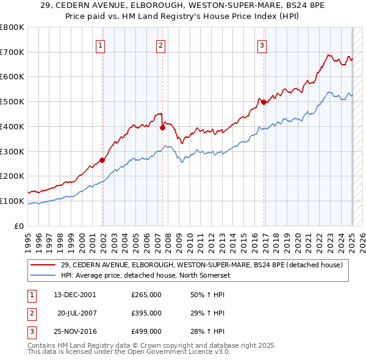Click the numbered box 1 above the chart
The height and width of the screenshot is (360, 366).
99,45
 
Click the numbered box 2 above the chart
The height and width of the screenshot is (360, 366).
160,45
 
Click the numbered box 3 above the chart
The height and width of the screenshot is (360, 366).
261,45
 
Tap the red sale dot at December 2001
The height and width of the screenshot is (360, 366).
102,160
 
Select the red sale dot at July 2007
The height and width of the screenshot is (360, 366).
162,128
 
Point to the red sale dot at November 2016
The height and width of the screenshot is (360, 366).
264,103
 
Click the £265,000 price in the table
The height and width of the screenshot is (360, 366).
146,295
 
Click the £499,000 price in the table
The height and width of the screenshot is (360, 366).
146,331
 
